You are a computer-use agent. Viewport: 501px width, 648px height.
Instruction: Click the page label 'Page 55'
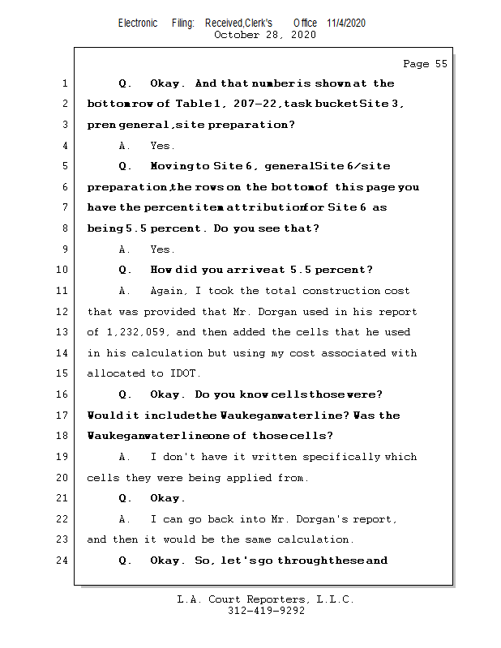[425, 64]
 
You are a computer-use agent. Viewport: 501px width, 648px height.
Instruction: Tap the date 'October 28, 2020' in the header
[264, 35]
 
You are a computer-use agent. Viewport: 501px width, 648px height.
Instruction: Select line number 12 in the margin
[65, 312]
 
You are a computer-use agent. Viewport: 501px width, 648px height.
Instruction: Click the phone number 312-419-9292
[266, 611]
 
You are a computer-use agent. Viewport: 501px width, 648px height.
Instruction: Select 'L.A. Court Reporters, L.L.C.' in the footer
[266, 599]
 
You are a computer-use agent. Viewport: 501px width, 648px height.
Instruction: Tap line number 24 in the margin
[65, 561]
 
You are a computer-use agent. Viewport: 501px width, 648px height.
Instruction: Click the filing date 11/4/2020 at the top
[346, 23]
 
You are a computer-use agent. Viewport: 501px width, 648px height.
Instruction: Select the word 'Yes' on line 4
[161, 146]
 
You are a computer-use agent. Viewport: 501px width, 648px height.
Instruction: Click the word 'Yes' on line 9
[161, 249]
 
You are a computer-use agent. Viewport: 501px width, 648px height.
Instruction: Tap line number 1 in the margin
[65, 83]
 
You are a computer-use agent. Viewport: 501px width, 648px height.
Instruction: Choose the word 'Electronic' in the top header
[138, 23]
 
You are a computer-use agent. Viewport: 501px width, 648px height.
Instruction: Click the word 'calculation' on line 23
[317, 539]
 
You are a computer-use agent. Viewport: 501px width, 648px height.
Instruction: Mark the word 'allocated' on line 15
[115, 373]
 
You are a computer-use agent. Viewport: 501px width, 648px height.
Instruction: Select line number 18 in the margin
[65, 436]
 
